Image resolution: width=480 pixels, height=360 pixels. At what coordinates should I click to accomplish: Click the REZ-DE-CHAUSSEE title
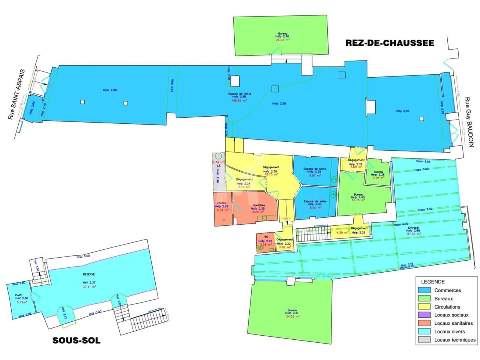click(x=390, y=43)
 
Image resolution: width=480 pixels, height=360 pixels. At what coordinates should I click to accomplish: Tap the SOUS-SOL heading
click(x=76, y=340)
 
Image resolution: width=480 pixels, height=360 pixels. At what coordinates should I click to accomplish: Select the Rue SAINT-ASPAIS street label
click(x=17, y=94)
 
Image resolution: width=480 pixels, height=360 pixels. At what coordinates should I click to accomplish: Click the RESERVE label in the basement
click(x=89, y=274)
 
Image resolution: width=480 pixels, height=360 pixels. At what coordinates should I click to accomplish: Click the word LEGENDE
click(x=433, y=282)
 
